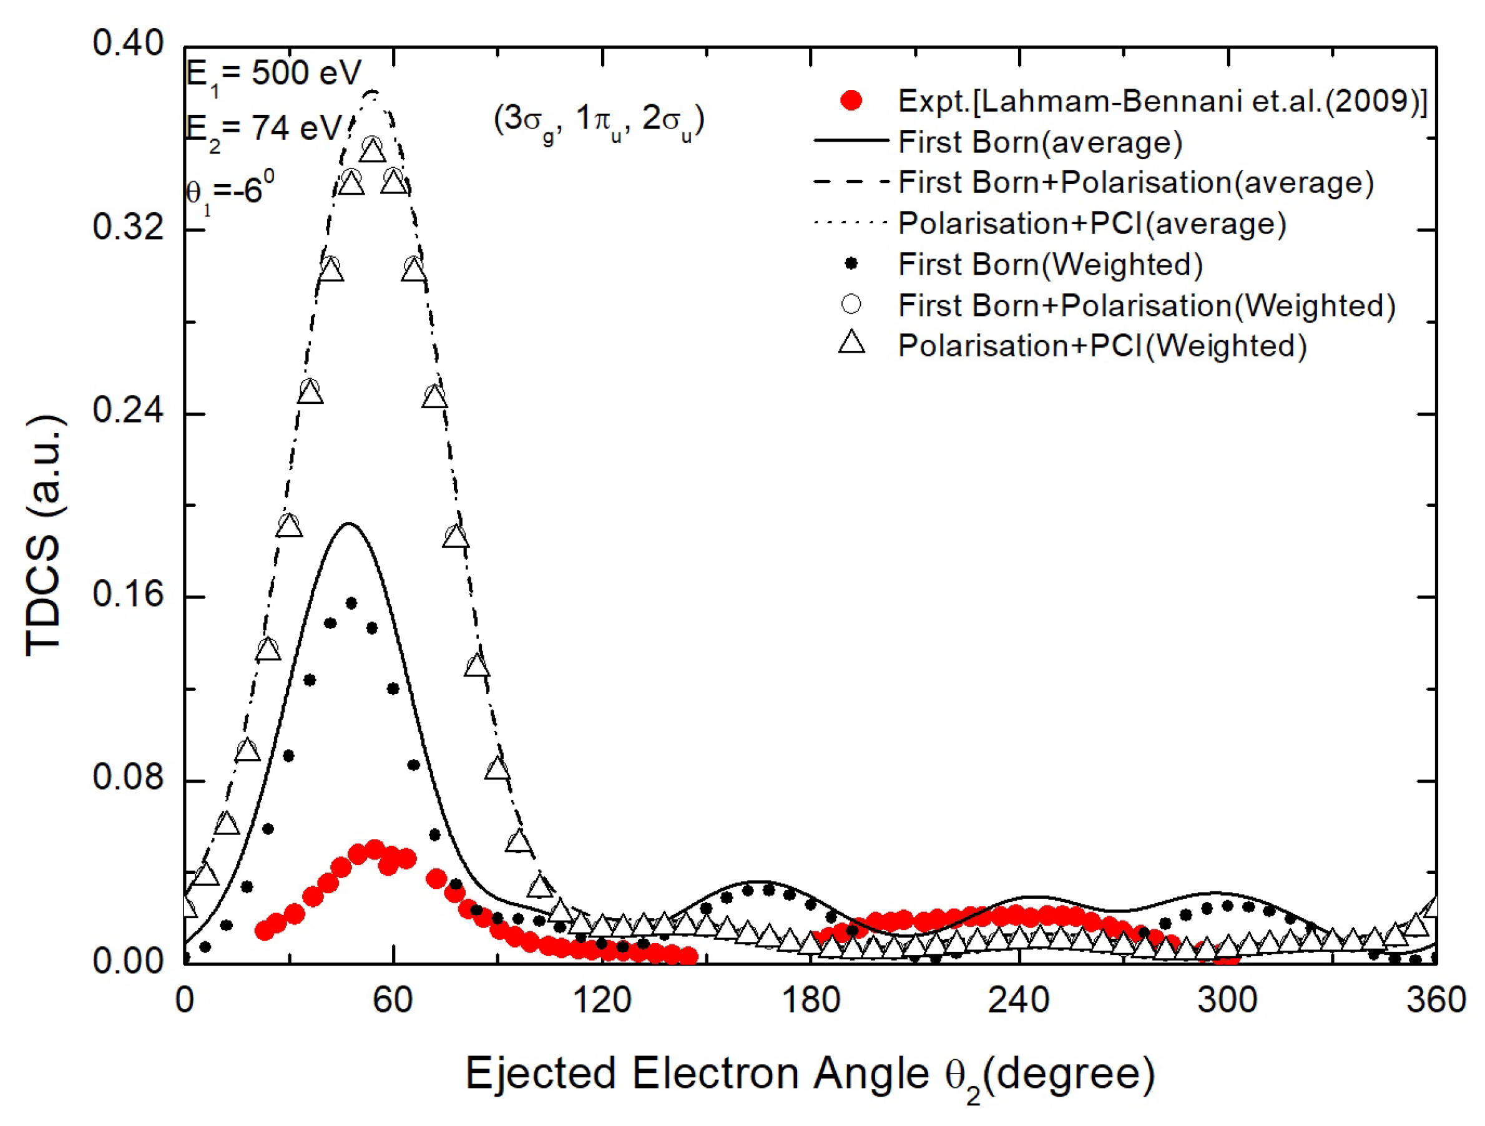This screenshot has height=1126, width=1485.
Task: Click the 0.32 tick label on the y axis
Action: (x=127, y=228)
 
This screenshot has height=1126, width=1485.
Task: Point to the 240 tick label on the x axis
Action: (x=1019, y=1001)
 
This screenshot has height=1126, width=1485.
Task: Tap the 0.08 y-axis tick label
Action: (x=127, y=778)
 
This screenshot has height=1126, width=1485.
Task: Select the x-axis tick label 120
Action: (x=602, y=1001)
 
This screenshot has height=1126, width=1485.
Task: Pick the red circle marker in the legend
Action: (x=851, y=101)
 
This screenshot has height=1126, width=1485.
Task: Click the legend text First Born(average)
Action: (x=1040, y=142)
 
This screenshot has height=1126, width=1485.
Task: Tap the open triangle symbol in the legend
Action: (x=851, y=343)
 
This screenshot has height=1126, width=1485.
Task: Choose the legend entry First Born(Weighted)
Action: (x=1050, y=265)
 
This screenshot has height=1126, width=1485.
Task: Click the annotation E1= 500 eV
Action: (x=273, y=73)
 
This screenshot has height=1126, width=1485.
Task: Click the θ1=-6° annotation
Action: (x=230, y=190)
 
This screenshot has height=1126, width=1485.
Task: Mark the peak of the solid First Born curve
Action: (x=348, y=524)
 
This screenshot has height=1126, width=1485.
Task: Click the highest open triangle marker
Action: (x=373, y=151)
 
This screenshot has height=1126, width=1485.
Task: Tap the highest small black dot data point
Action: (x=351, y=603)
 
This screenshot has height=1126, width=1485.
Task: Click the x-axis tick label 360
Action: (x=1435, y=1001)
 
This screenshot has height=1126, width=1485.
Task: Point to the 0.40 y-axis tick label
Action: (x=127, y=44)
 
